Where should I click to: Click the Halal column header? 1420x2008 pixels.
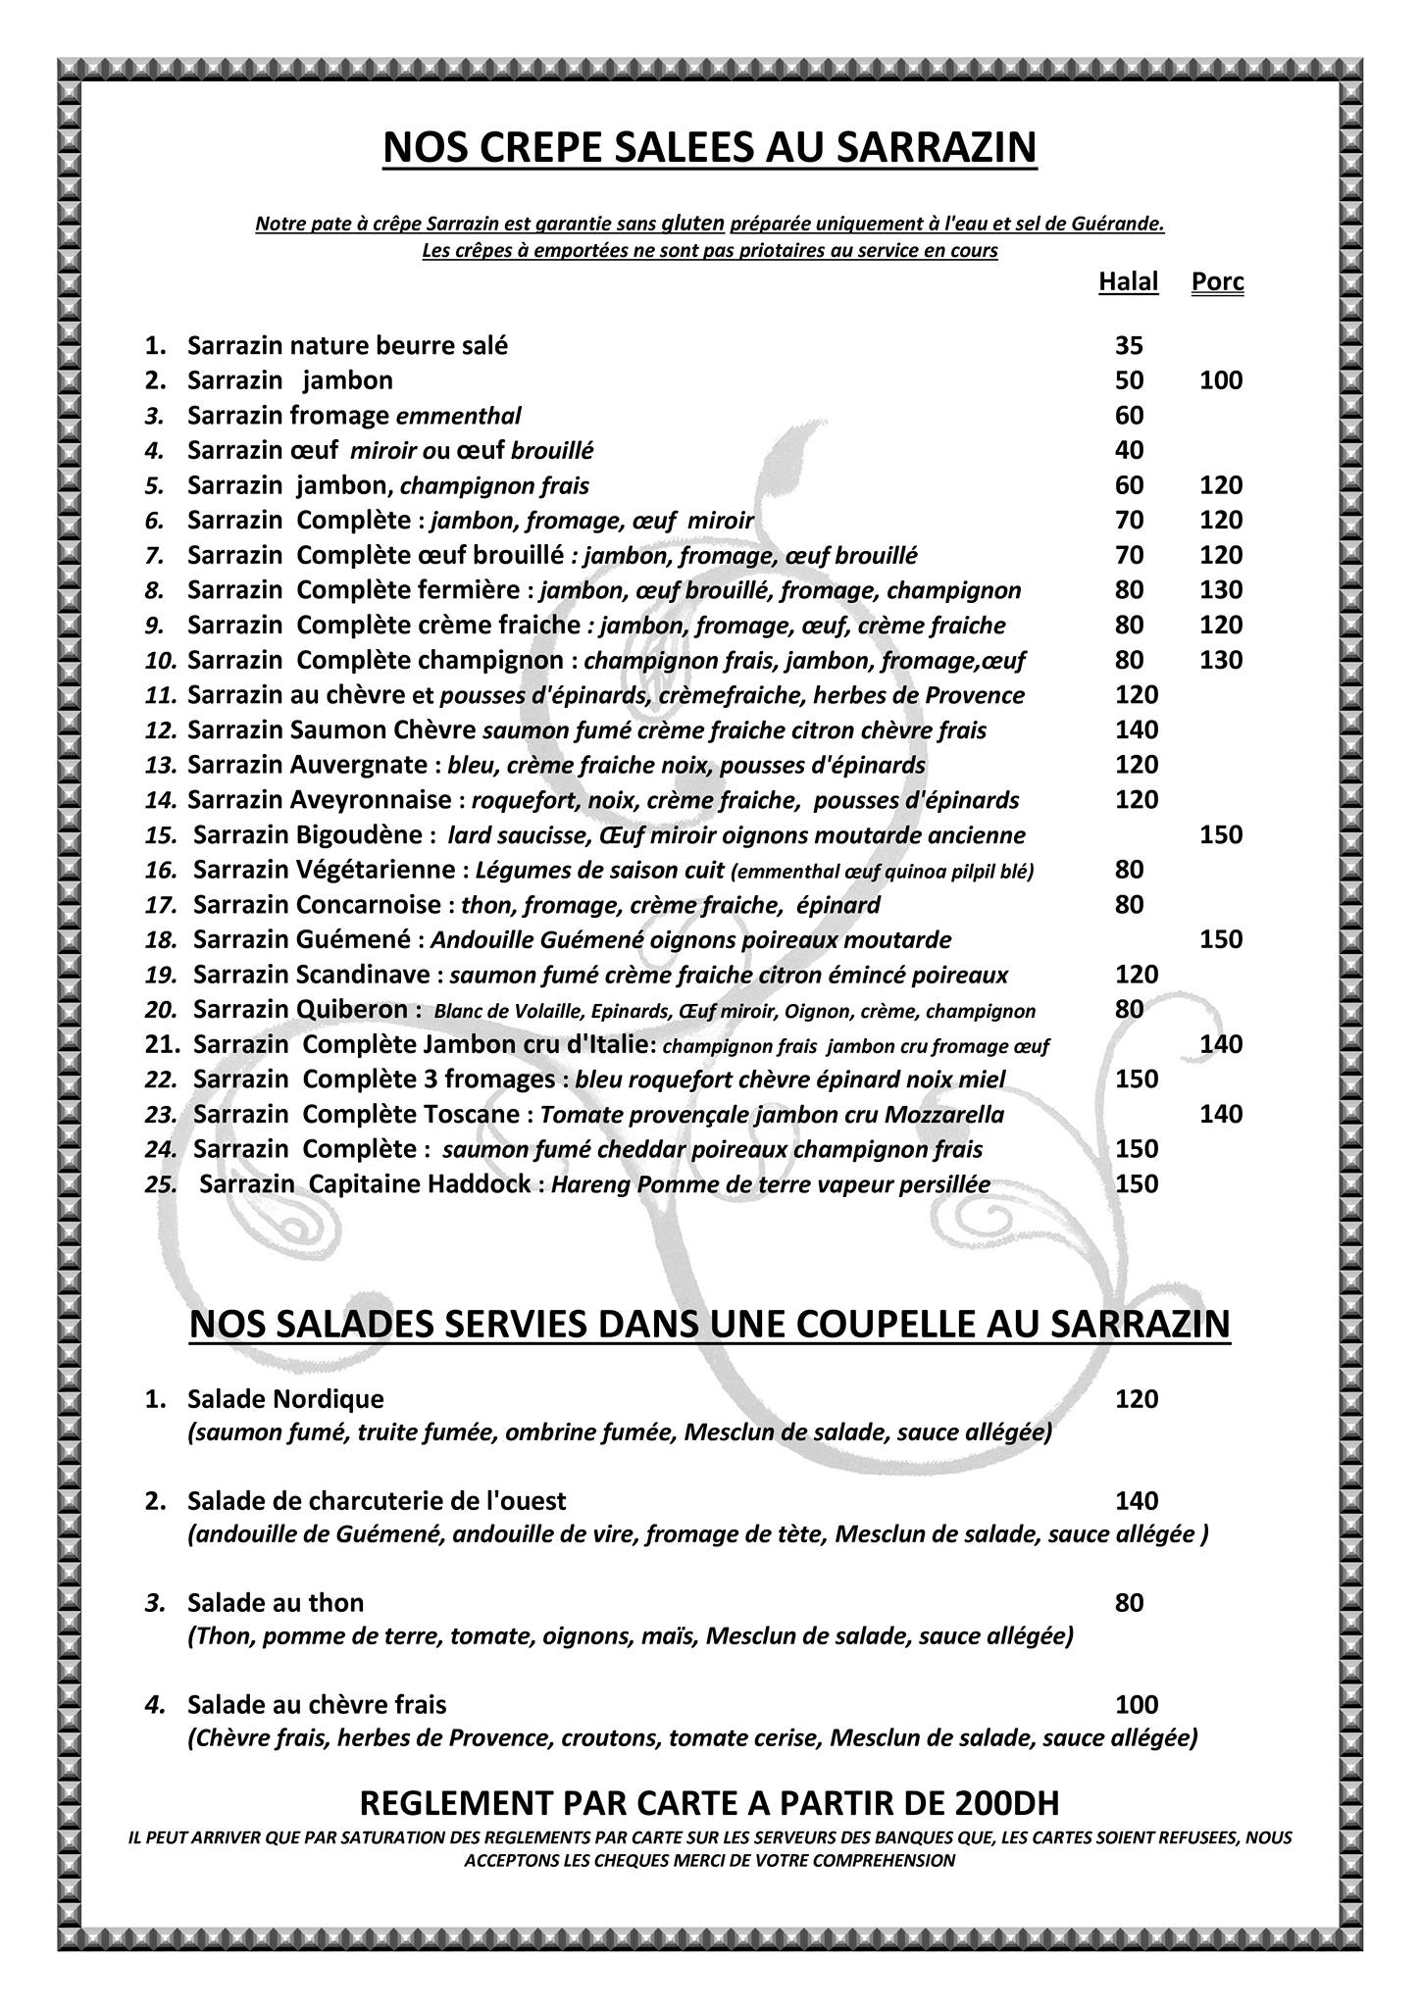point(1128,282)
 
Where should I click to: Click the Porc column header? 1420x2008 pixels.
point(1217,282)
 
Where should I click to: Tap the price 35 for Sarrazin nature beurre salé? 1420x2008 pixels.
point(1129,345)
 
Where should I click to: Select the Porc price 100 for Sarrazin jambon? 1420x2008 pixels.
point(1221,380)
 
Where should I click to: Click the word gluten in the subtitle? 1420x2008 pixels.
point(693,223)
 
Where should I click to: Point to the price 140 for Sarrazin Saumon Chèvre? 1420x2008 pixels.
point(1137,729)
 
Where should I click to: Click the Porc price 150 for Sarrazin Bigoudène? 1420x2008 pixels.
point(1221,834)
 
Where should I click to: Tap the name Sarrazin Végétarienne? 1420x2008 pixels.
point(324,870)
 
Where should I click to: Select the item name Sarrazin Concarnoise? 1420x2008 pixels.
point(318,904)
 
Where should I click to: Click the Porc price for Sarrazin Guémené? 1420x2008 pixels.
point(1221,939)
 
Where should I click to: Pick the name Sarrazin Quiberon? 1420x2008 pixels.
point(300,1009)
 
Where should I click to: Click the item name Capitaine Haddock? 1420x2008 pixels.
point(420,1183)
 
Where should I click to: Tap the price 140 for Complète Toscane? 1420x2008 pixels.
point(1221,1114)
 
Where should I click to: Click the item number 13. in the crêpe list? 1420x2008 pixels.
point(161,765)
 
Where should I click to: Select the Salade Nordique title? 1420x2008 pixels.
point(285,1398)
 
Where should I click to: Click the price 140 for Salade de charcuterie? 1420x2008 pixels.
point(1137,1500)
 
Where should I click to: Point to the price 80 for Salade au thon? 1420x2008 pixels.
point(1129,1602)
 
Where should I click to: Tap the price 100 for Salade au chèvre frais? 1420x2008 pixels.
point(1137,1704)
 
